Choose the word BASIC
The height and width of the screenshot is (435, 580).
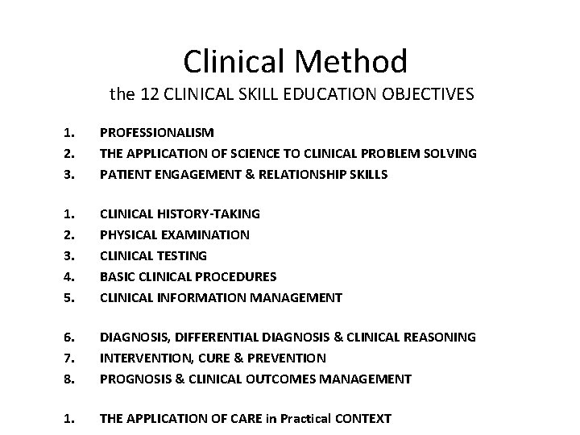(117, 276)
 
